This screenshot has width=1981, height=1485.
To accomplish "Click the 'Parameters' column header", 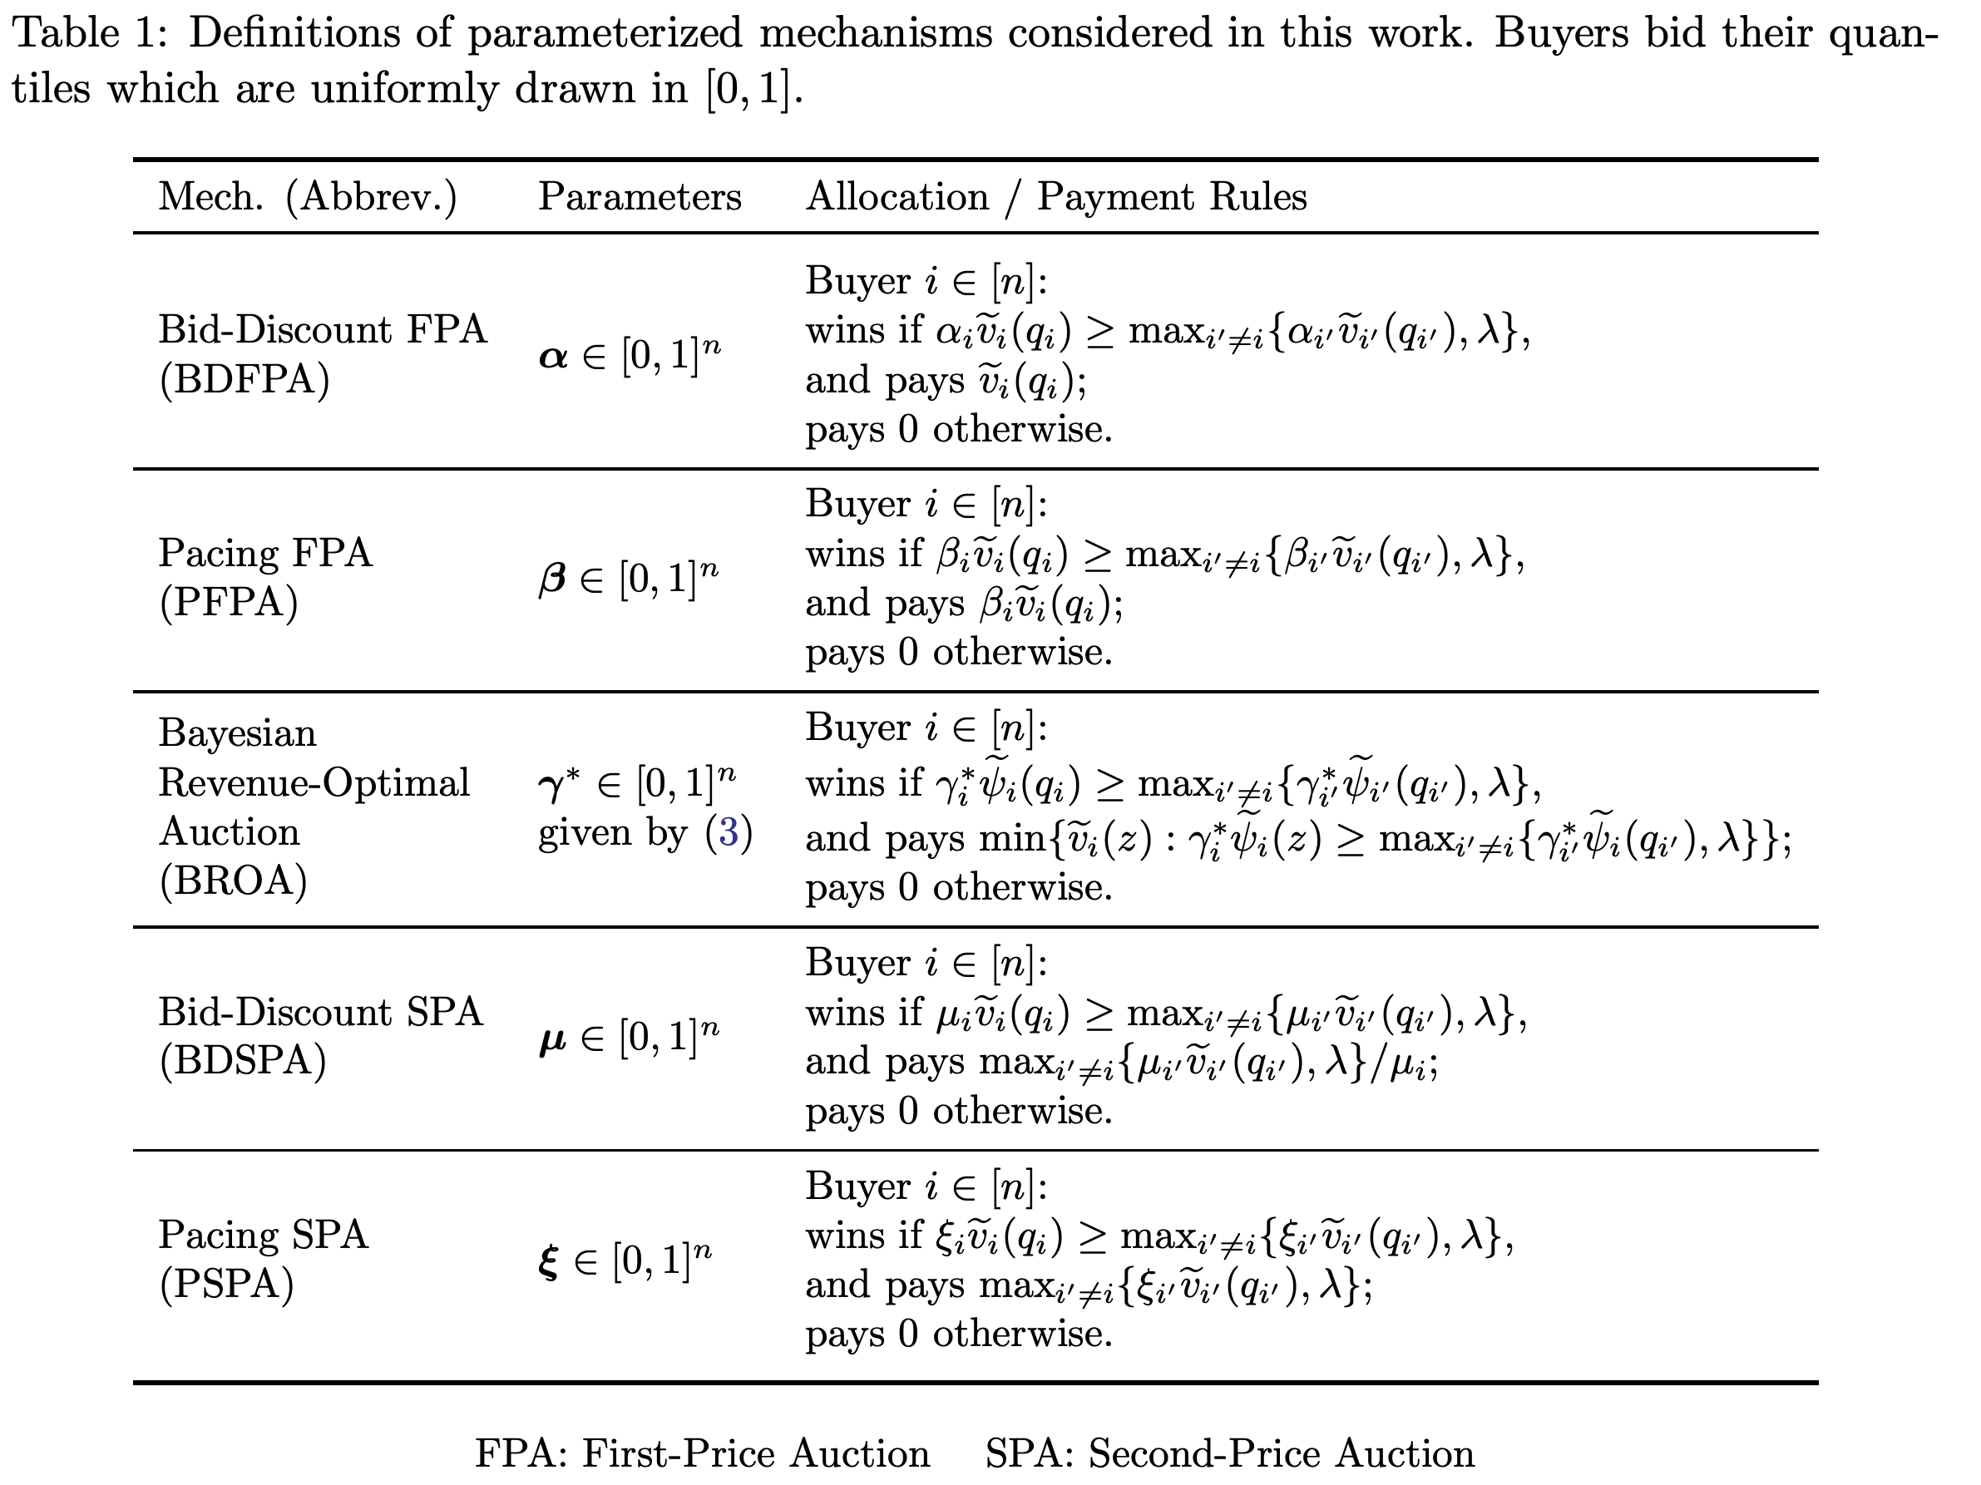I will tap(640, 197).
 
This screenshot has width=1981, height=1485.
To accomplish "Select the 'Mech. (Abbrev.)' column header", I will tap(307, 197).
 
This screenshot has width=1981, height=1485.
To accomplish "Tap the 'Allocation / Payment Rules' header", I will tap(1056, 197).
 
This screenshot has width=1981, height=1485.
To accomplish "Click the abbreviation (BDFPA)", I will tap(245, 379).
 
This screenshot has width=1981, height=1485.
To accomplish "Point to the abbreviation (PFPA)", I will tap(229, 603).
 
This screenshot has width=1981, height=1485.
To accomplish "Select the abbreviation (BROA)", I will tap(233, 881).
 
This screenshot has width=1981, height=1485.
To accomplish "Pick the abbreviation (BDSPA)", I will tap(243, 1061).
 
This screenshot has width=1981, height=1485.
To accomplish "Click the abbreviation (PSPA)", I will tap(226, 1285).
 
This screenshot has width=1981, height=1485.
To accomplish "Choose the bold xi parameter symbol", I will tap(548, 1263).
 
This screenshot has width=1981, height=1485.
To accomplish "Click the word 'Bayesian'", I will tap(237, 734).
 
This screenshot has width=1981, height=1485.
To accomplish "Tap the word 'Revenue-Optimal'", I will tap(314, 783).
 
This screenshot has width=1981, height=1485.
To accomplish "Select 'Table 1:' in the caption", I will tap(90, 34).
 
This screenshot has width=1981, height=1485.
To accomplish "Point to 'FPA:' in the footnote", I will tap(521, 1453).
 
